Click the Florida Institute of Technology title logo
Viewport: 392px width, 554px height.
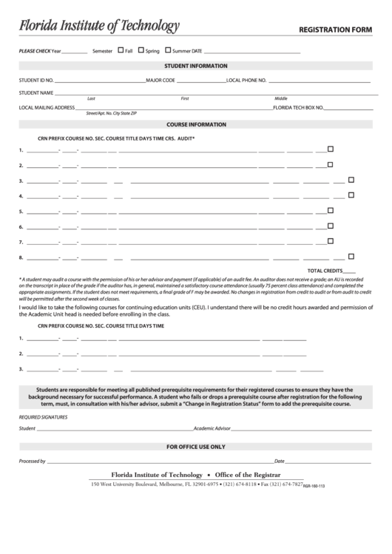coord(98,27)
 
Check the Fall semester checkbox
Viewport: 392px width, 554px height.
coord(121,50)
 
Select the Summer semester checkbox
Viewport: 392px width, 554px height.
coord(168,50)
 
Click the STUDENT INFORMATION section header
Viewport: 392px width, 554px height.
coord(196,66)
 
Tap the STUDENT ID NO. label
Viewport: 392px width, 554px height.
coord(36,79)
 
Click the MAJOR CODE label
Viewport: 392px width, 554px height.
coord(160,79)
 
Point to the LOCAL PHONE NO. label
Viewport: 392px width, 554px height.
coord(246,79)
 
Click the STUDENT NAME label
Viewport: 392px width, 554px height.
coord(36,93)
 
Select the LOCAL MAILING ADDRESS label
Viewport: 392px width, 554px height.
coord(47,107)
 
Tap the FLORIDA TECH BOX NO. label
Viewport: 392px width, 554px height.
coord(298,107)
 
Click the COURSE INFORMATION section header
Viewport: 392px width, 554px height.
coord(196,124)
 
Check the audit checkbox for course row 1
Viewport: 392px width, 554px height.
coord(331,149)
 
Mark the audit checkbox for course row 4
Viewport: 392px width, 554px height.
coord(351,195)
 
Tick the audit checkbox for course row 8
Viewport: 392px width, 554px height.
coord(351,257)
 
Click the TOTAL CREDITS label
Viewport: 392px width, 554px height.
coord(325,271)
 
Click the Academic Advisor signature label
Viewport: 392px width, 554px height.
coord(212,428)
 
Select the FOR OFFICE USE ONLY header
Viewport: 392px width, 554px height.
coord(196,447)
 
